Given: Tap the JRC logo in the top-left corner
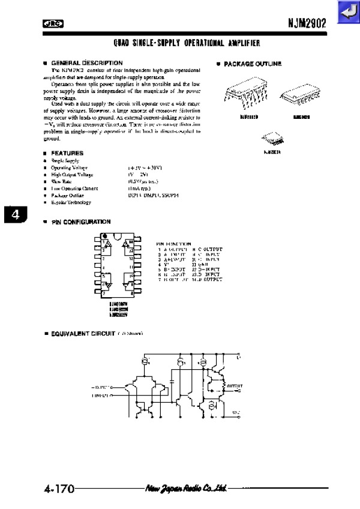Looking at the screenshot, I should [x=53, y=24].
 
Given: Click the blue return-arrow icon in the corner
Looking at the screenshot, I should [x=347, y=12].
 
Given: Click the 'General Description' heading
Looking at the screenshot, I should [x=86, y=63].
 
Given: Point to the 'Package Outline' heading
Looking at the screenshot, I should [x=252, y=64].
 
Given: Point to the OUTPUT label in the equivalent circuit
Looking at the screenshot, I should [x=233, y=385].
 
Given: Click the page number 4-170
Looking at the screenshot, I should [x=58, y=489].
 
